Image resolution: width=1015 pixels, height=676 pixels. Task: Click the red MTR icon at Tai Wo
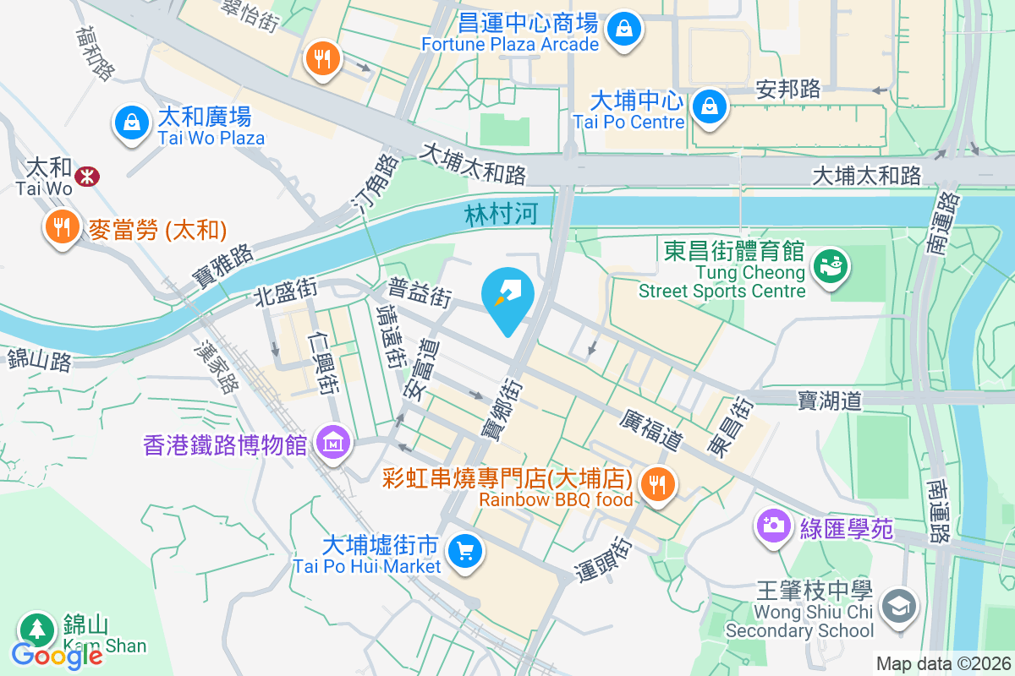point(86,176)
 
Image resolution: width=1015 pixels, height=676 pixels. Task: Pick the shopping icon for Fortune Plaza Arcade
point(624,30)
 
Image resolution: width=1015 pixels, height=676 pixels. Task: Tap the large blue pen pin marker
point(508,297)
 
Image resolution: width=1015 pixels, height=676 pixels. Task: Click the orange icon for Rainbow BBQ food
point(657,484)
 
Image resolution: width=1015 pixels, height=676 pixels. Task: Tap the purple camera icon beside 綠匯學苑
point(773,526)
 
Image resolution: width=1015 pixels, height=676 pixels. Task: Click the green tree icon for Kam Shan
point(36,629)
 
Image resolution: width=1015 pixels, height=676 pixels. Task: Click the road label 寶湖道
point(829,400)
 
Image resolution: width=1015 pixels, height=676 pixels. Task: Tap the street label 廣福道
point(650,430)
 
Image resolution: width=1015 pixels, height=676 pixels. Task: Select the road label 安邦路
point(787,89)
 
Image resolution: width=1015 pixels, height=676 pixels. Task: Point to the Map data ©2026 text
point(942,663)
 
